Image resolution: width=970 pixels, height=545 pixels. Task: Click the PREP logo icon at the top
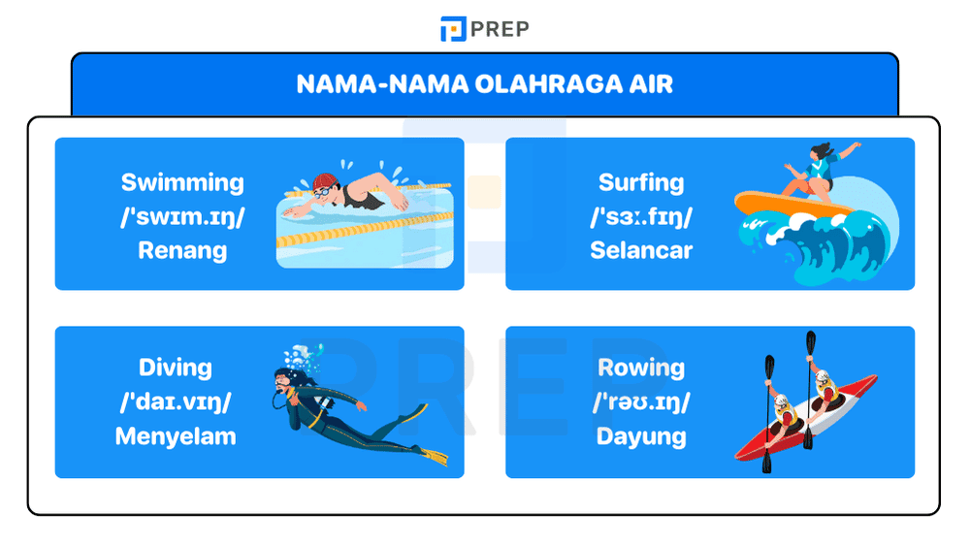453,29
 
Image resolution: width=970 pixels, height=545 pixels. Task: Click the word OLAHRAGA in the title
544,83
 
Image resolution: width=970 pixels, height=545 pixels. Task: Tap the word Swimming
182,182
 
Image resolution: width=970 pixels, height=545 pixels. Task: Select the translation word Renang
182,250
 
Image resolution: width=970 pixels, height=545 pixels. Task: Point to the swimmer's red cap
324,182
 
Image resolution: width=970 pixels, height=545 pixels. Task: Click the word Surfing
641,182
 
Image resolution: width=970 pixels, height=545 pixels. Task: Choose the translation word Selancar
641,250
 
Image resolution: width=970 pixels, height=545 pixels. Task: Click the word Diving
176,368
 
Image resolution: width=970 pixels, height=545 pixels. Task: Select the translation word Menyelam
176,435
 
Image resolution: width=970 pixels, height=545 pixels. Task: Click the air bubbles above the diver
304,352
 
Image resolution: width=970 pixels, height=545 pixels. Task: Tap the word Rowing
641,368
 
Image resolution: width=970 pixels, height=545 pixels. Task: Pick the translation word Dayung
641,435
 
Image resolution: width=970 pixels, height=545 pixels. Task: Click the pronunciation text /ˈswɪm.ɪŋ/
182,216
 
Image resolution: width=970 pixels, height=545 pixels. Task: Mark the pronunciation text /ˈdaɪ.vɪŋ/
176,401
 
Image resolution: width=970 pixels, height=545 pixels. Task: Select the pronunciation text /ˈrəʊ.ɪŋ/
641,401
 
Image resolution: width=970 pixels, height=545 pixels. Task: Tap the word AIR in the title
651,83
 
